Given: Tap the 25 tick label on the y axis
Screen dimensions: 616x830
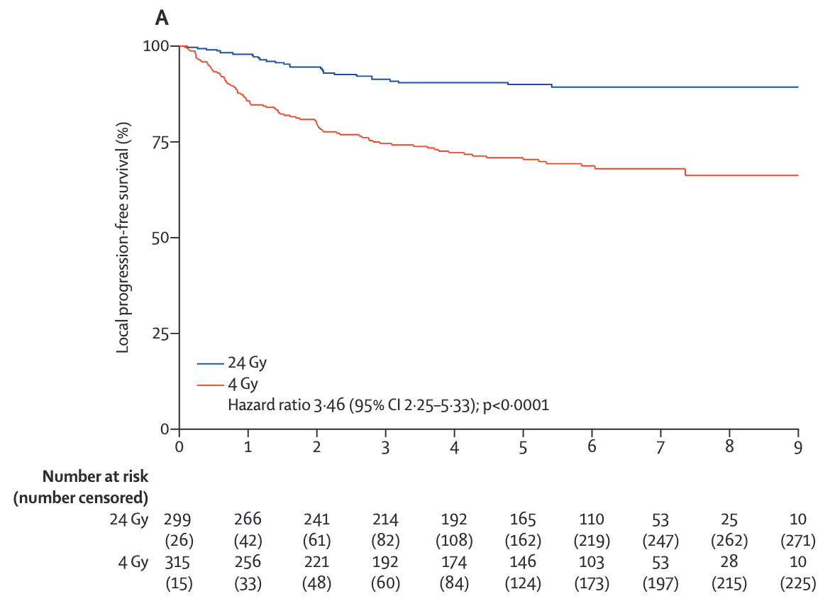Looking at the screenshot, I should pos(162,334).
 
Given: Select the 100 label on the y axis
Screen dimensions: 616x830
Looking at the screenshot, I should pos(156,46).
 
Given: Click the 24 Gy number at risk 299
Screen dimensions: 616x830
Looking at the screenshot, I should pos(179,519).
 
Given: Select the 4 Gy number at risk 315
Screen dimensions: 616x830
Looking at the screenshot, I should pos(179,563).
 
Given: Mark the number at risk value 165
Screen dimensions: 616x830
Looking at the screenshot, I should pos(523,519).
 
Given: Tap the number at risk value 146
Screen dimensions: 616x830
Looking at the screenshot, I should pos(523,563).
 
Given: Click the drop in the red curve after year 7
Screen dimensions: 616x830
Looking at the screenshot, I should pos(685,172).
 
